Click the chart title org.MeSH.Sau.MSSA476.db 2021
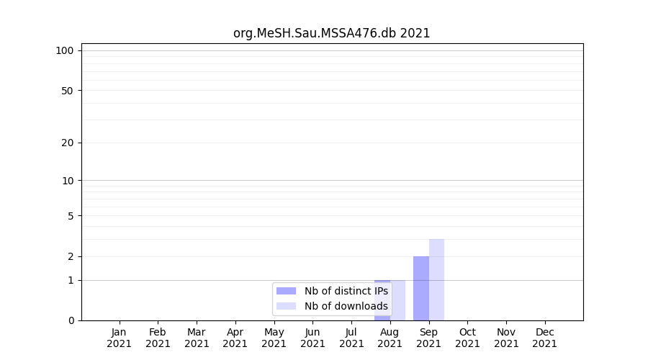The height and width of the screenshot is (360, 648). (331, 33)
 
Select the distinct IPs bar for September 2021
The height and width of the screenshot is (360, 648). (420, 288)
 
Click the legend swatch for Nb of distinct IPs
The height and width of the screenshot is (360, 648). (286, 291)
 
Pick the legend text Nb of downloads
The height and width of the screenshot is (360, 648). (346, 306)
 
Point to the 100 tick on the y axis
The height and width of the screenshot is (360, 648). (65, 50)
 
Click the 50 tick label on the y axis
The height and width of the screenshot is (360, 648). (68, 91)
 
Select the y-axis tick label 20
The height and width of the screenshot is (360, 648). (68, 143)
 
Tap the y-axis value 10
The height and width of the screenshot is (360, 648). (68, 181)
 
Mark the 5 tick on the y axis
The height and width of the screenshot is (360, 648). (71, 216)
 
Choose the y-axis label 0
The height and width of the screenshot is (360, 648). (71, 320)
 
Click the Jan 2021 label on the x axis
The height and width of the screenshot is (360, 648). (119, 338)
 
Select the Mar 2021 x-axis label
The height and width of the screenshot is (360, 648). (197, 338)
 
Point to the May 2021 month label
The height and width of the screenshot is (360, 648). (274, 338)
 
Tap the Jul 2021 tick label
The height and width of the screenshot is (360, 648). (351, 338)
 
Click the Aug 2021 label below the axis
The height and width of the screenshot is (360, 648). (390, 338)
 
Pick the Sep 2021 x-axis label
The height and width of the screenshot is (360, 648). (428, 338)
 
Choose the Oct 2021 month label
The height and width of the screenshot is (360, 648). (467, 338)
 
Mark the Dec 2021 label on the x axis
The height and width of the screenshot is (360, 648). (544, 338)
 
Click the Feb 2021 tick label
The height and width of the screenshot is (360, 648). (158, 338)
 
